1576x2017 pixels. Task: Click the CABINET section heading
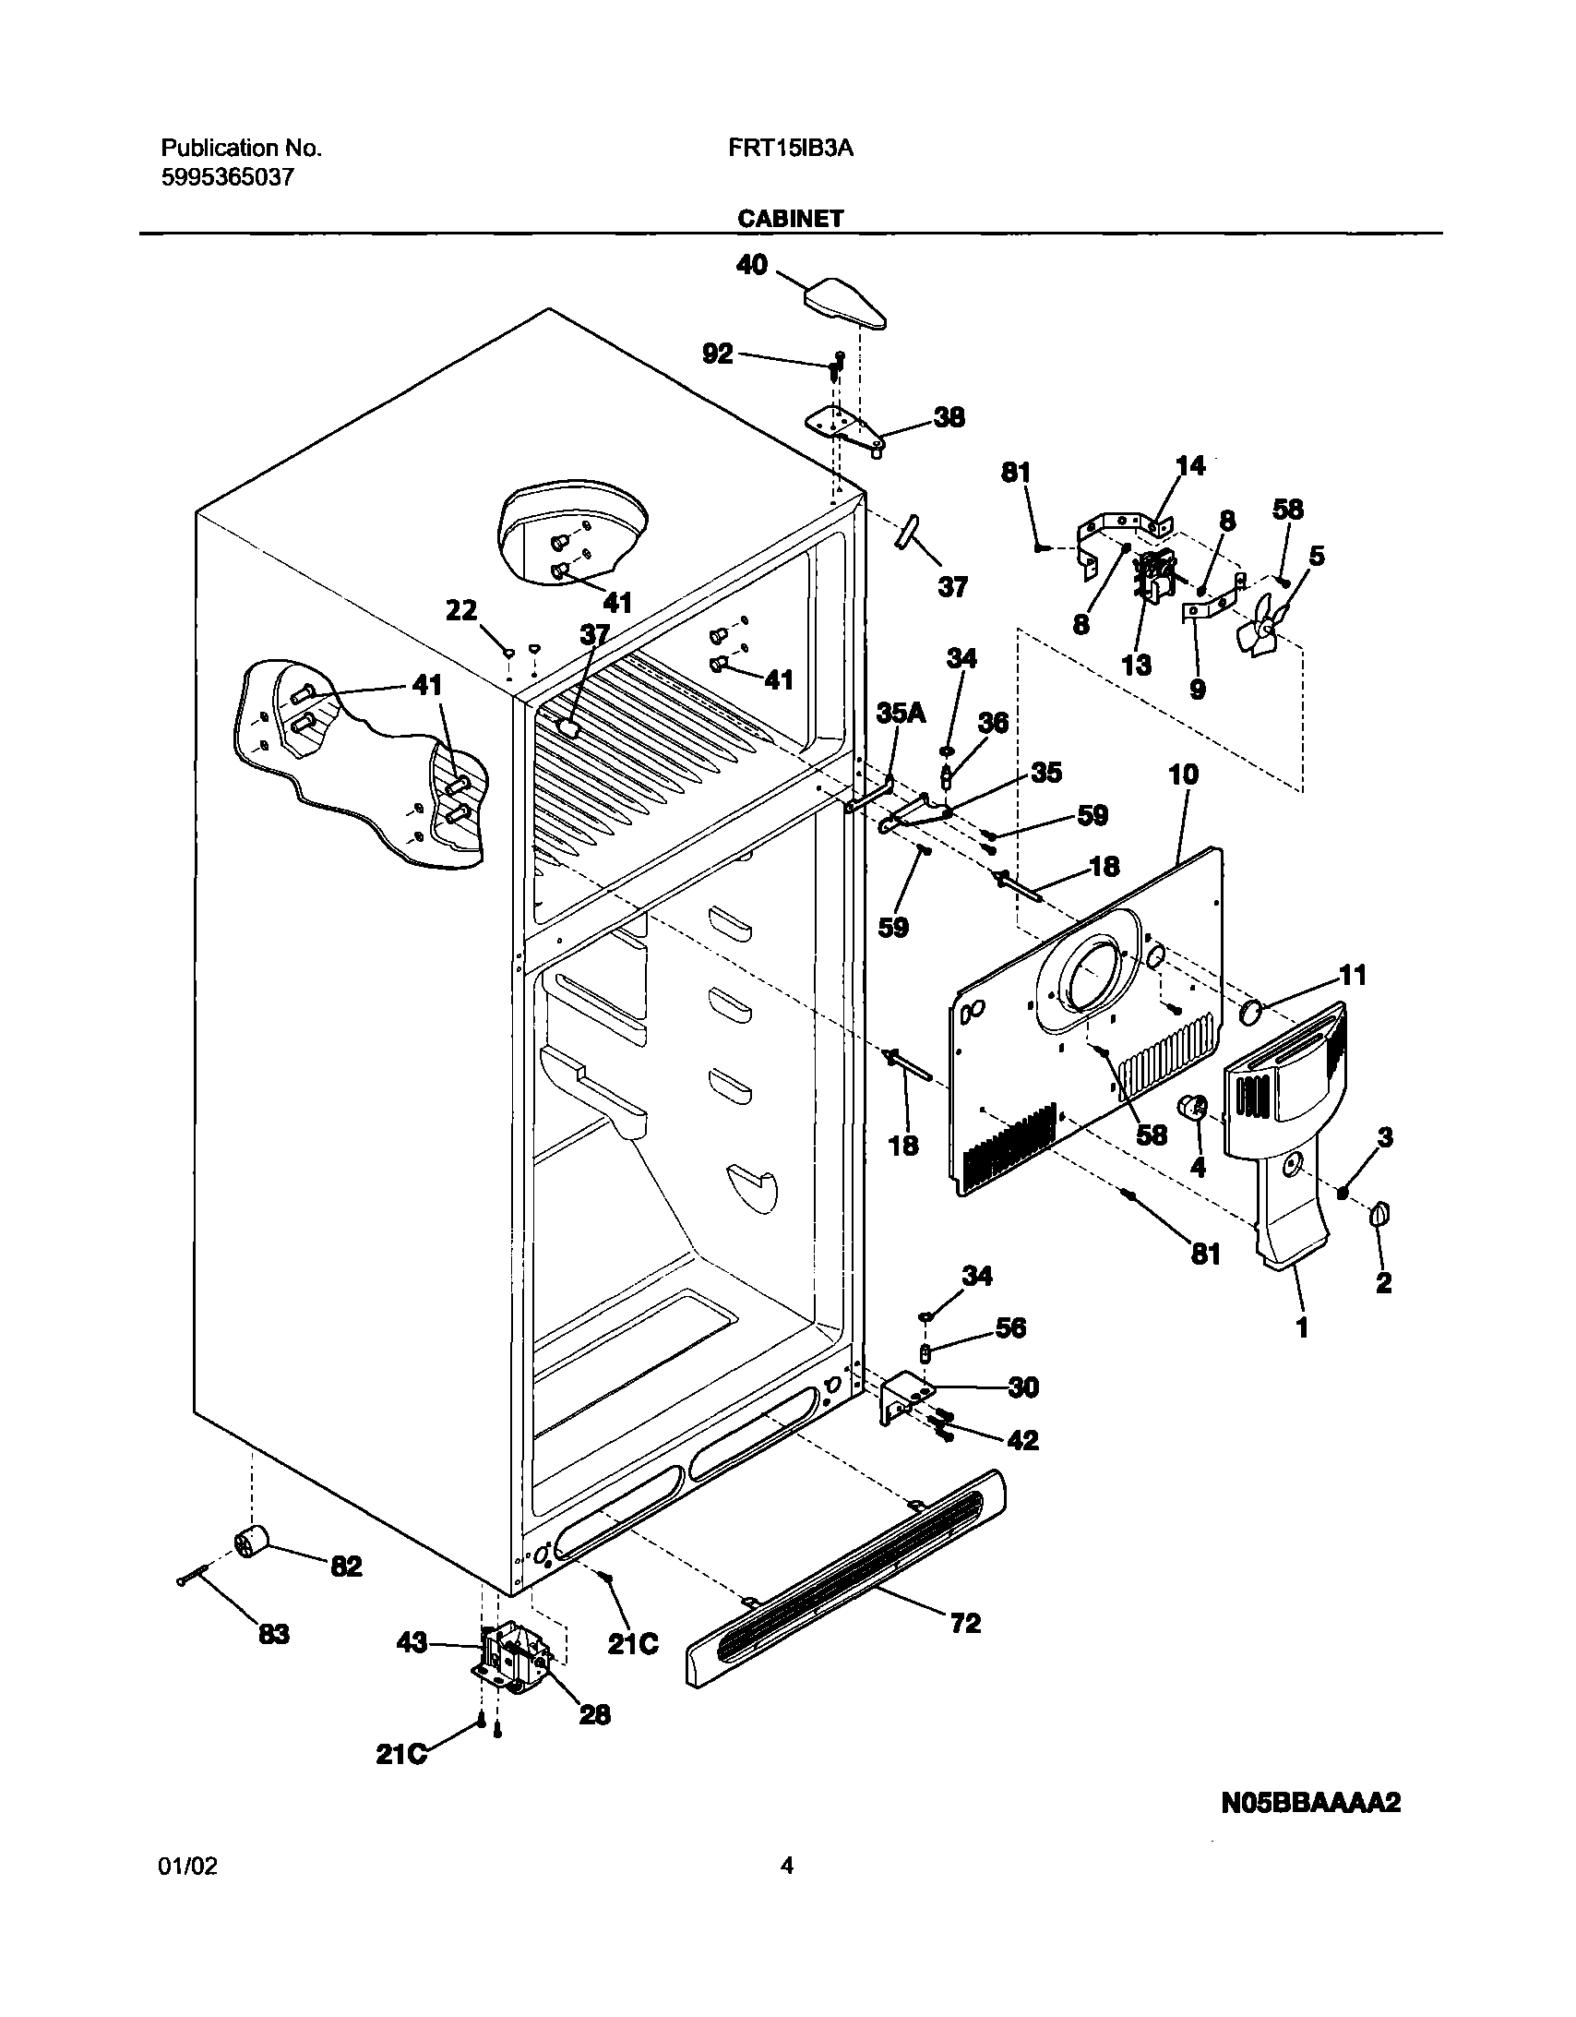(x=790, y=218)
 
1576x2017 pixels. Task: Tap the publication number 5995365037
(x=228, y=177)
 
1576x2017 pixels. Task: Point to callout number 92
(x=717, y=354)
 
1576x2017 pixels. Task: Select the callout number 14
(x=1190, y=466)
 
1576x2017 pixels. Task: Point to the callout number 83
(x=273, y=1635)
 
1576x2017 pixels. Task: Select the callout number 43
(x=412, y=1642)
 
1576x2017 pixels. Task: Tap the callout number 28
(x=594, y=1714)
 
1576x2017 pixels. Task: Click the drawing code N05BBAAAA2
(x=1311, y=1802)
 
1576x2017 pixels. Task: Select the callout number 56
(x=1010, y=1327)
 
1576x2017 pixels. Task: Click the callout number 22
(x=461, y=610)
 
